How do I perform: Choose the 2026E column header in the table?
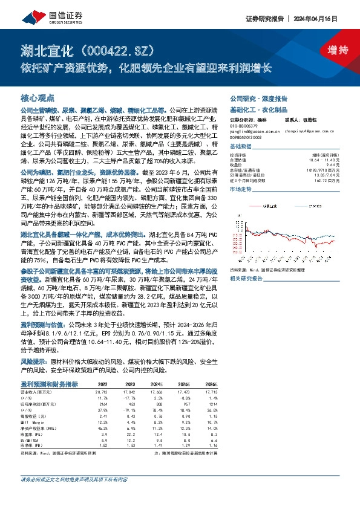point(210,384)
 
